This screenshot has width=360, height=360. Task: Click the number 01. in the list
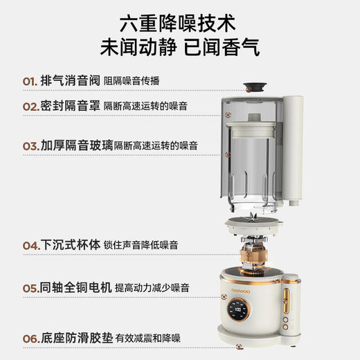(30, 81)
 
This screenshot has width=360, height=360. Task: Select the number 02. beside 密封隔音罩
(31, 107)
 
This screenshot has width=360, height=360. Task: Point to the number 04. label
(31, 245)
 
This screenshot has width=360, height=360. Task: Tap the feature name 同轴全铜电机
(77, 287)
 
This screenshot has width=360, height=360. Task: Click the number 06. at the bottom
(31, 337)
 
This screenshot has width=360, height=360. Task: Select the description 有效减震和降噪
(146, 338)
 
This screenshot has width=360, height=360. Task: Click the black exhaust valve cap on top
(256, 88)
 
